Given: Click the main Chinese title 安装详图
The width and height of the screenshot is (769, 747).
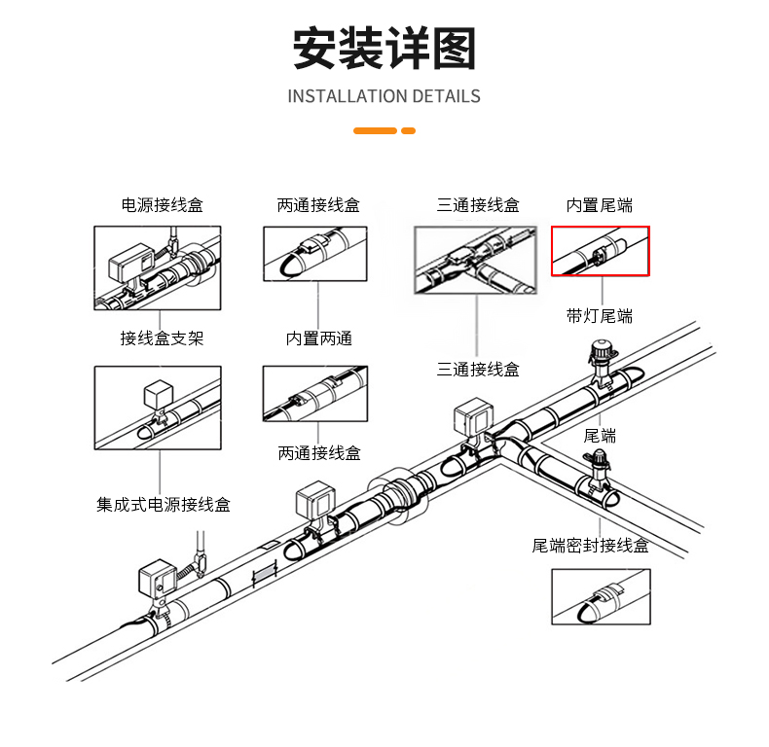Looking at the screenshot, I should click(384, 50).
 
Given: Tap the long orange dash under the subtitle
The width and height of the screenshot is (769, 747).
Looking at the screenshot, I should click(375, 130).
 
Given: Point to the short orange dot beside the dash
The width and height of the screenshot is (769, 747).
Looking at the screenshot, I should click(409, 130).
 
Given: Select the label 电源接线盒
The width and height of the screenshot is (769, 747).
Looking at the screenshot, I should click(162, 205).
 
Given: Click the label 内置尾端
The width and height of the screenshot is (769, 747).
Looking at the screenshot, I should click(600, 205).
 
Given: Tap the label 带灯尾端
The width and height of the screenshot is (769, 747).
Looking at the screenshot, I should click(600, 316).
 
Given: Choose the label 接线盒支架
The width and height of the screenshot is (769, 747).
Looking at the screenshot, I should click(162, 338).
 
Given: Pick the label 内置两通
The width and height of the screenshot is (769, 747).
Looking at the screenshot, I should click(318, 338).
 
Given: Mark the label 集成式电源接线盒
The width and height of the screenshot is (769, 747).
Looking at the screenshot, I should click(164, 505).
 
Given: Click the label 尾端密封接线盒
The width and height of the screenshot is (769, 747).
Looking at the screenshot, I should click(590, 545).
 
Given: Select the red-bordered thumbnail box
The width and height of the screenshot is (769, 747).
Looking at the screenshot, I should click(600, 251).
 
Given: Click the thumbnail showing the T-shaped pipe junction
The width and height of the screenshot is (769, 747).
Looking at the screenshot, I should click(476, 262).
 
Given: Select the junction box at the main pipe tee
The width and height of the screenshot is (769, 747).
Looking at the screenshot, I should click(472, 419).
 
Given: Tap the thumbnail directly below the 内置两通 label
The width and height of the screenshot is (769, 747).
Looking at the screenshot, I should click(315, 394).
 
